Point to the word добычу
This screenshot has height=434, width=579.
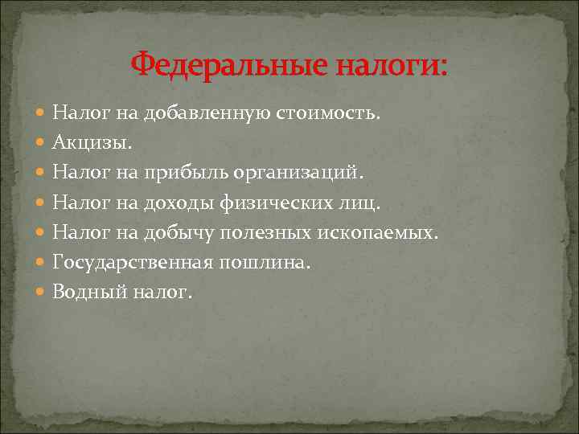click(x=179, y=232)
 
